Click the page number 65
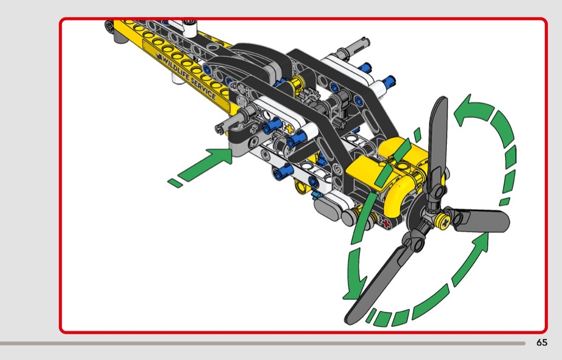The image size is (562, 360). click(x=542, y=343)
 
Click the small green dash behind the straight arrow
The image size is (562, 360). click(x=174, y=183)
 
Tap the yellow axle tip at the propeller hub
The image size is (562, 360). click(x=443, y=222)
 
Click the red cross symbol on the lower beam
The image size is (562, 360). click(x=385, y=224)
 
